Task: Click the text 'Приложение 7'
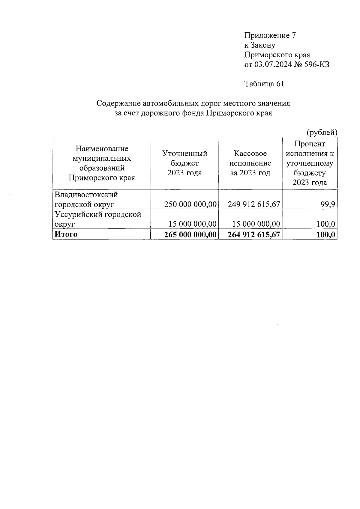tap(270, 36)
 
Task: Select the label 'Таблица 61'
tap(264, 84)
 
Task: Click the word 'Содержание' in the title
tap(118, 103)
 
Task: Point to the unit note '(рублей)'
tap(322, 132)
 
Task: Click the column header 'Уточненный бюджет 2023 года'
tap(185, 163)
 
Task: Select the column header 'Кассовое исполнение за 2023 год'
tap(250, 163)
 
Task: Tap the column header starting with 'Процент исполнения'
tap(310, 163)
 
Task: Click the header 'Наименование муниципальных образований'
tap(102, 163)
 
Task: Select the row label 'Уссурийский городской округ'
tap(97, 219)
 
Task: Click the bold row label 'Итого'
tap(65, 234)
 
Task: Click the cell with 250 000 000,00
tap(190, 204)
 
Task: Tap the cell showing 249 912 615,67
tap(254, 204)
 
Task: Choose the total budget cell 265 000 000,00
tap(190, 235)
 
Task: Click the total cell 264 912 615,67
tap(254, 235)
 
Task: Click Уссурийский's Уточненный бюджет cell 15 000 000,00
tap(192, 224)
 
